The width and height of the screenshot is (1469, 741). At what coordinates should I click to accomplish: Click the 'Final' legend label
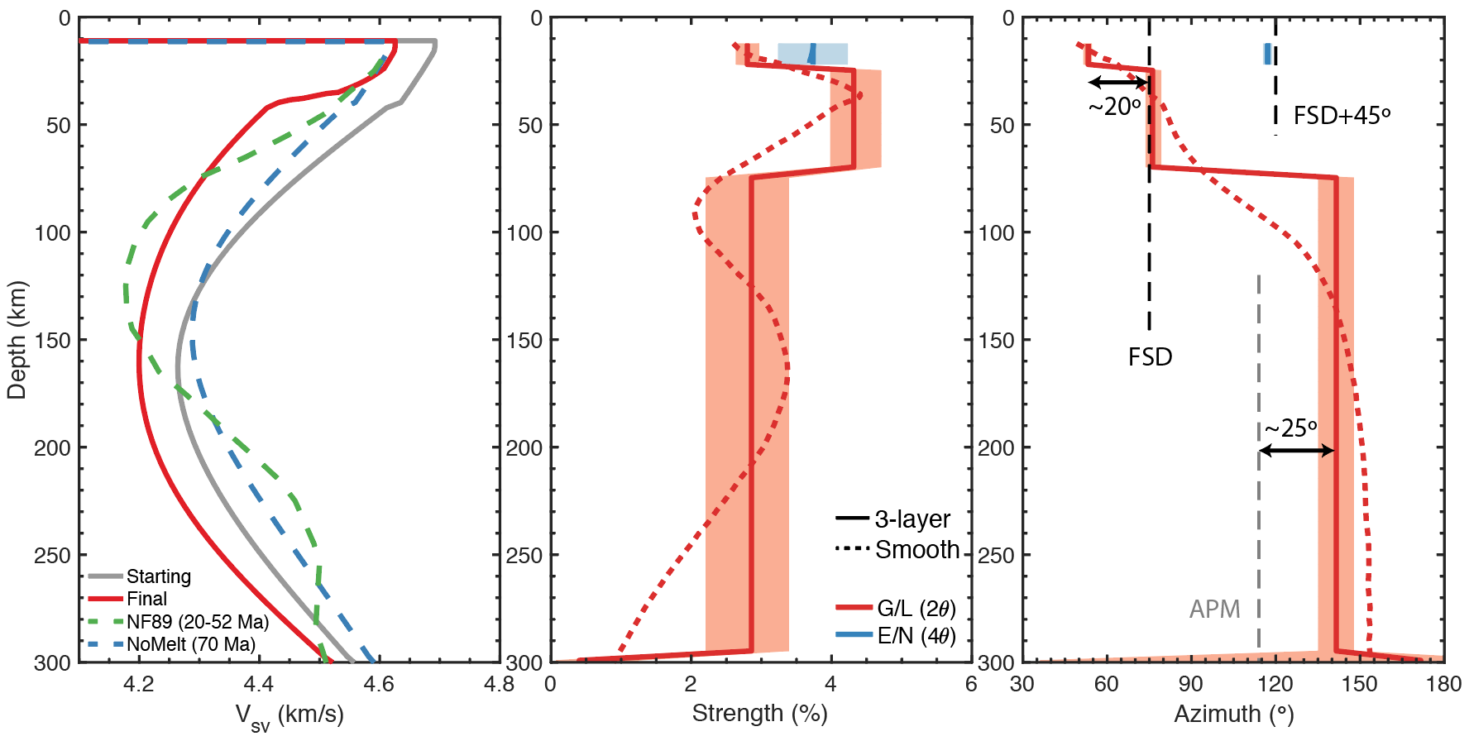[x=146, y=599]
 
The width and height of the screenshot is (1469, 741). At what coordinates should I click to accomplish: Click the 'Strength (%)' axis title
[x=759, y=714]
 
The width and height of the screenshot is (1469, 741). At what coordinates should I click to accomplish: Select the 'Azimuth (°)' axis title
[x=1233, y=714]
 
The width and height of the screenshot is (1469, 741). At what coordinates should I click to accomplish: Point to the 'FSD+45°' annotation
[x=1342, y=116]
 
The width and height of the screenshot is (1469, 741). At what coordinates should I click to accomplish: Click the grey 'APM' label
[x=1214, y=610]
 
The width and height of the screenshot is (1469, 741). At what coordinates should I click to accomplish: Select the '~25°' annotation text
[x=1290, y=428]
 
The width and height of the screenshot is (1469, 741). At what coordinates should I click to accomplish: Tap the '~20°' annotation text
[x=1114, y=107]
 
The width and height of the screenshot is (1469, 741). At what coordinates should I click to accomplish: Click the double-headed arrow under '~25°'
[x=1296, y=451]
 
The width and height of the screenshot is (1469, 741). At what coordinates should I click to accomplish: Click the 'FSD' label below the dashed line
[x=1150, y=357]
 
